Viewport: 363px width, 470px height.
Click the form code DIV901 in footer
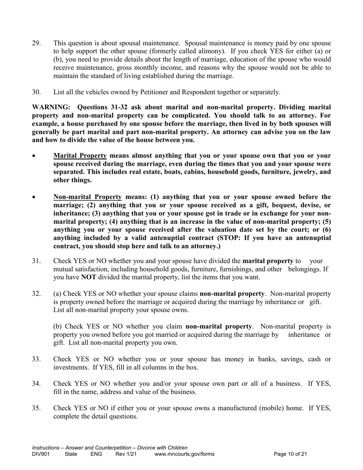(41, 454)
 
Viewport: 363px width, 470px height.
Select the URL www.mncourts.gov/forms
(185, 454)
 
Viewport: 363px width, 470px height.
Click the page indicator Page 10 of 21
(291, 454)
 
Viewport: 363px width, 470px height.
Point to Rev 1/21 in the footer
(126, 454)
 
